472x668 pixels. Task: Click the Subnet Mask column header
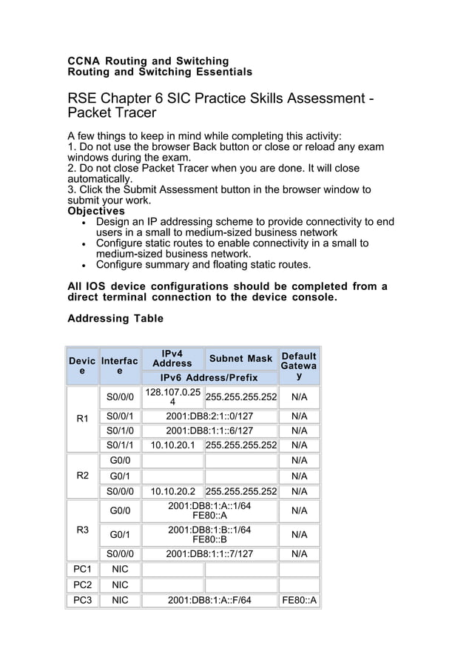click(x=240, y=359)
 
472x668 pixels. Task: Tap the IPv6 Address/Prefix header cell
click(x=209, y=377)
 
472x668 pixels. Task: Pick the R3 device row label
click(x=82, y=530)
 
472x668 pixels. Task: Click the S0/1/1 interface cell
click(x=119, y=445)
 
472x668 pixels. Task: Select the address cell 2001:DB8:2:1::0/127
click(x=209, y=416)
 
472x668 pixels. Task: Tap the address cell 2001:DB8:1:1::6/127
click(x=209, y=431)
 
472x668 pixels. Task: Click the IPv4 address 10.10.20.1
click(x=172, y=445)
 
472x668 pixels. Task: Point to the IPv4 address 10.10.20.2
click(x=172, y=491)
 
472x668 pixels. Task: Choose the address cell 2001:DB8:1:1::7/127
click(x=209, y=553)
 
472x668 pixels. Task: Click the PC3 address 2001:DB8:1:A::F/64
click(x=209, y=600)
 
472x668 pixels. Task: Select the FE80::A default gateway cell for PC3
click(x=299, y=600)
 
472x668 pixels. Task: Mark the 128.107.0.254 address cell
click(x=172, y=397)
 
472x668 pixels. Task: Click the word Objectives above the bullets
click(x=96, y=211)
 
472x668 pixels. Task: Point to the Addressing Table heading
click(x=115, y=319)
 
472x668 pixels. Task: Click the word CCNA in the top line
click(x=83, y=61)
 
